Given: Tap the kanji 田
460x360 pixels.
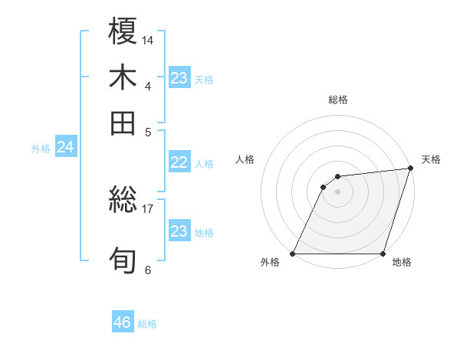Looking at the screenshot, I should tap(123, 123).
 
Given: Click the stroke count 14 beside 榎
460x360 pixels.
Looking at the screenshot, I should tap(148, 39).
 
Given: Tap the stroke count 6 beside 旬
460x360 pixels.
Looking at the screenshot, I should tap(148, 270).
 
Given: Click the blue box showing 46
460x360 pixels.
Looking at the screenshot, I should tap(123, 322).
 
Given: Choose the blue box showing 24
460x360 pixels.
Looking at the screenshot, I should tap(66, 147).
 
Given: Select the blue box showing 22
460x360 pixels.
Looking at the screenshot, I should tap(179, 162).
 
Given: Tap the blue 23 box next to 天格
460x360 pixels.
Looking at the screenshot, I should tap(179, 77).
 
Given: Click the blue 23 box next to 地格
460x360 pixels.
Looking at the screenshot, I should tap(179, 231).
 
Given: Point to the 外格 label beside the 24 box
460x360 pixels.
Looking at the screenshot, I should tap(41, 149).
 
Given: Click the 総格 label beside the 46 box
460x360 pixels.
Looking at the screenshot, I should tap(147, 324).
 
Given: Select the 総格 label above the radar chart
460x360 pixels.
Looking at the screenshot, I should tap(337, 100).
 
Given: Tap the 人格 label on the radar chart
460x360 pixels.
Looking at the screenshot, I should tap(245, 159).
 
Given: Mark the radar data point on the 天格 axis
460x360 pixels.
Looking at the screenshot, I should tap(411, 169).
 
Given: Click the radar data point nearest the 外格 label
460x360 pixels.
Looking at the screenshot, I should tap(293, 254).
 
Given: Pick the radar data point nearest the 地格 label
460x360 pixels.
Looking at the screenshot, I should tap(383, 254).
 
